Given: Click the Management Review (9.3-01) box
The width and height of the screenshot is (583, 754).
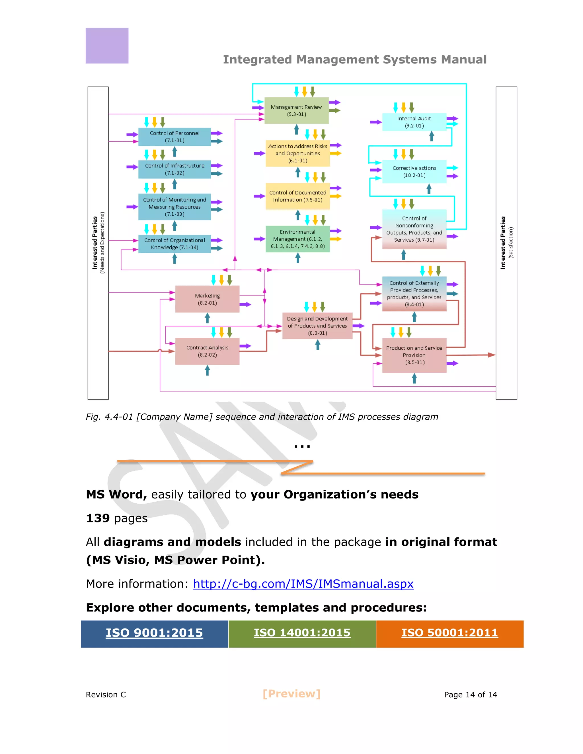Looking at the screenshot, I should tap(296, 110).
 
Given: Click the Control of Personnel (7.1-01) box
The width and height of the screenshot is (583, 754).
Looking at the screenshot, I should tap(175, 137).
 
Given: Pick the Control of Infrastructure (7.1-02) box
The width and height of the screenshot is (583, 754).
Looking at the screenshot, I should tap(175, 169).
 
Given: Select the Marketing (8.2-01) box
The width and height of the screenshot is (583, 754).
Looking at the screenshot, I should tap(207, 299).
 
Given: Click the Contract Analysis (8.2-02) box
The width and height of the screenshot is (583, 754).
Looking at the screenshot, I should tap(207, 351).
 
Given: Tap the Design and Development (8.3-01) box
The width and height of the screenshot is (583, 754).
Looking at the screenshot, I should tap(317, 326).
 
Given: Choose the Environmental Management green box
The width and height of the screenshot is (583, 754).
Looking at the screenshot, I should tap(297, 239).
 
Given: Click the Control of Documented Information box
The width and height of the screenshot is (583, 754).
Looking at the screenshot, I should tap(297, 196).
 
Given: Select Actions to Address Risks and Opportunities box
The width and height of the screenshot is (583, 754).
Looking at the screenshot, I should tap(297, 153).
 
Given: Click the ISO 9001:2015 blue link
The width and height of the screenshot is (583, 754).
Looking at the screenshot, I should tap(154, 633).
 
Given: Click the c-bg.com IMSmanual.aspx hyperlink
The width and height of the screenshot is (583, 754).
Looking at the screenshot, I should tap(303, 584).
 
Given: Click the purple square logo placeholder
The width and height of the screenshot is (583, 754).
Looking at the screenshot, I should tap(107, 46).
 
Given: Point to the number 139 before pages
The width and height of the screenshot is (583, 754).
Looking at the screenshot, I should tap(98, 518).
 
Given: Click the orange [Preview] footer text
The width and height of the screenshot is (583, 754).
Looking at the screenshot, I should tap(291, 694).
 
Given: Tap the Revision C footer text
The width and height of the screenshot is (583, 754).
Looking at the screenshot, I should tap(106, 695).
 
